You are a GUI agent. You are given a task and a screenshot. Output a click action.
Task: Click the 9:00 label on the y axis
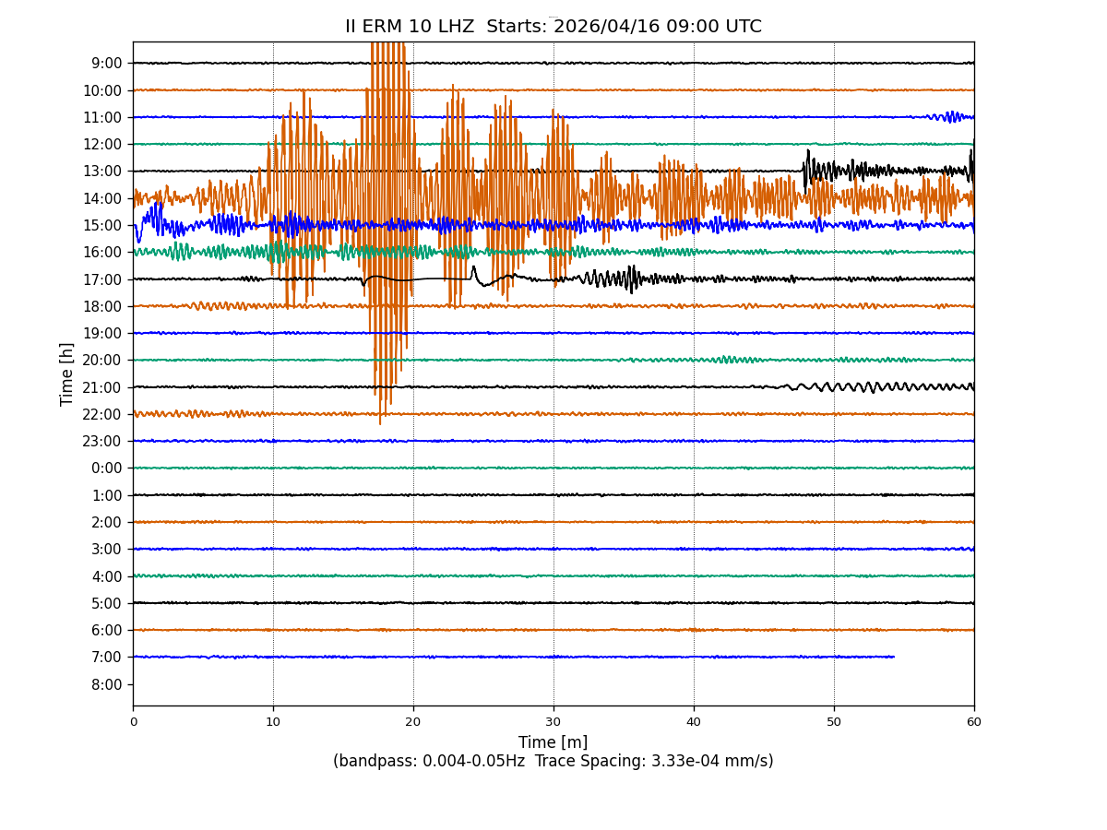pos(107,64)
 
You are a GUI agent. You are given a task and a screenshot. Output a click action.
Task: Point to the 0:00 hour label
pos(107,468)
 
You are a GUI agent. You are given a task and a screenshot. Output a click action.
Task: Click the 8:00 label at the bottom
pos(107,684)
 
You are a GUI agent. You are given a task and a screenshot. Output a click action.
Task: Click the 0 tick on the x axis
pos(133,722)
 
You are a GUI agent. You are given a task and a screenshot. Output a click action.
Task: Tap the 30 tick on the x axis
pos(553,722)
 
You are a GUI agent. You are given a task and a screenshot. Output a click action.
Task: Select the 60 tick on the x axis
pos(974,722)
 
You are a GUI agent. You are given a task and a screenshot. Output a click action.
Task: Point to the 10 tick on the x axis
pos(273,722)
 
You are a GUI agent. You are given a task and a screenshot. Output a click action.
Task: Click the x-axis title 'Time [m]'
pos(553,742)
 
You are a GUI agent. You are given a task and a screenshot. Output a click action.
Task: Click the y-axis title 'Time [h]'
pos(67,373)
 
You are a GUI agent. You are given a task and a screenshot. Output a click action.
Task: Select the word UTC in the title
pos(744,27)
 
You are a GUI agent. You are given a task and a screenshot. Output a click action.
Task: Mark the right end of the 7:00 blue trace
pos(894,657)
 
